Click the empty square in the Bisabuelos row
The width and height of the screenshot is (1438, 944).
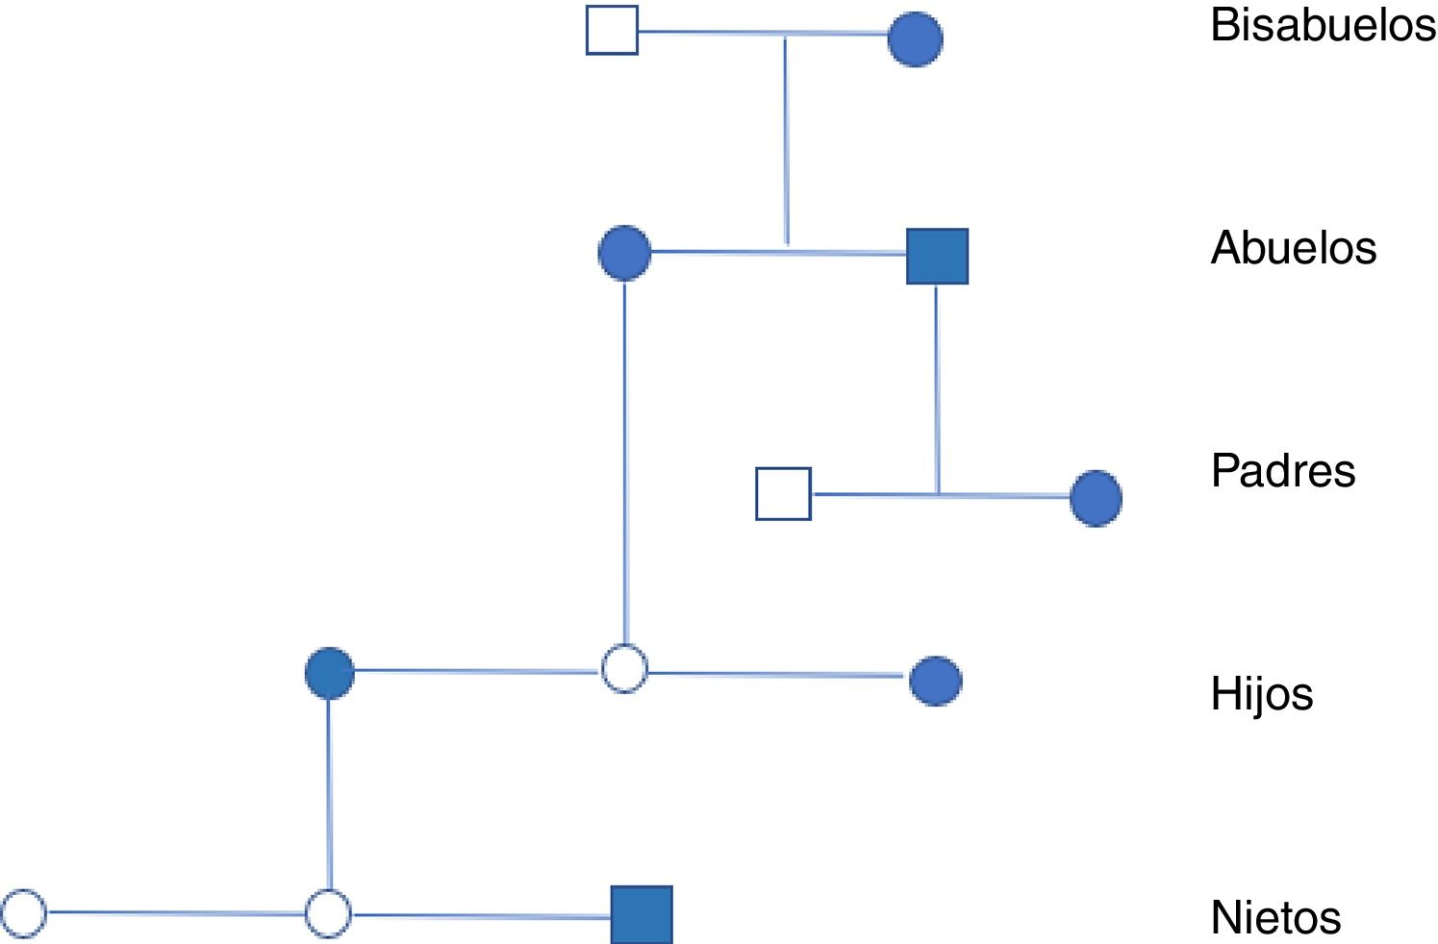[612, 31]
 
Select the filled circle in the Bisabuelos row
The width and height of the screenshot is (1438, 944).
[915, 39]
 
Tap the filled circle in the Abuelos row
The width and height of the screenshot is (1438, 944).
[624, 253]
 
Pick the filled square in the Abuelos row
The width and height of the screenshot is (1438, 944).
[937, 257]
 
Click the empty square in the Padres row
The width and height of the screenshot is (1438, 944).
[783, 494]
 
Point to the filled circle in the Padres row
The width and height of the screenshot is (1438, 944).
[1096, 498]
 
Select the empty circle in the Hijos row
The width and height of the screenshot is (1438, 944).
[624, 669]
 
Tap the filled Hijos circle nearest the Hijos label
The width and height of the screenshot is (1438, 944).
[935, 682]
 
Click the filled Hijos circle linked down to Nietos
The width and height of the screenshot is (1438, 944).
[330, 673]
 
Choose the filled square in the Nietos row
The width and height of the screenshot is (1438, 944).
[642, 914]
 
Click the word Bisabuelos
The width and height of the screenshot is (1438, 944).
[1323, 25]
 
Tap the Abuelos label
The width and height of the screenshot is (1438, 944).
[1293, 248]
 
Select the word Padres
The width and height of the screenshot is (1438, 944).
[1282, 471]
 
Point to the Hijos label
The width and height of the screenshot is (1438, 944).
[1261, 694]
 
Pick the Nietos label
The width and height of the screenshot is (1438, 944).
[1275, 917]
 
